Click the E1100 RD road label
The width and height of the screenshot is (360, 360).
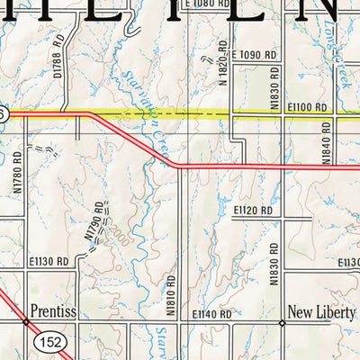coord(309,106)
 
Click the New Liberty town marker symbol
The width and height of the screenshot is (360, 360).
coord(281,321)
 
